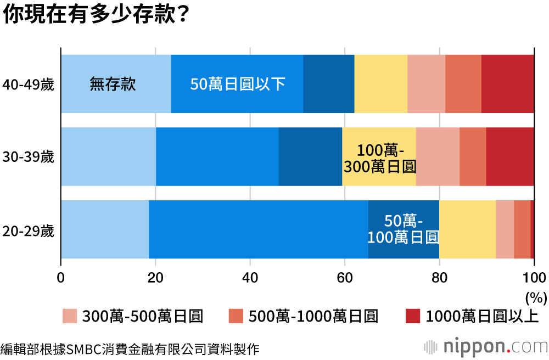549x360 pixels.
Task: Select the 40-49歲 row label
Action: point(28,85)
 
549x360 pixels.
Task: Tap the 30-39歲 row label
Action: point(28,157)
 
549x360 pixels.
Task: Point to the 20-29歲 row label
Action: point(28,230)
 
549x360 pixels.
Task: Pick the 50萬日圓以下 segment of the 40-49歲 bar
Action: point(237,85)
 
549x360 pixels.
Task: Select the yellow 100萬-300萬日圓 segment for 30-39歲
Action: point(379,157)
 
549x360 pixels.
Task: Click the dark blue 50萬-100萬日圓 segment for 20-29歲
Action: point(404,229)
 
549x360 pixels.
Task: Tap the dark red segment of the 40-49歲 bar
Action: point(507,85)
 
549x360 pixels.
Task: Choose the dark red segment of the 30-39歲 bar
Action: point(510,157)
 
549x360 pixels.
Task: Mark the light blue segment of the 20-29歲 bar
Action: point(104,229)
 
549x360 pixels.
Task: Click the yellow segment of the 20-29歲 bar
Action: point(467,229)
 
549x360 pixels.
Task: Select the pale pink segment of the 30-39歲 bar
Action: point(438,157)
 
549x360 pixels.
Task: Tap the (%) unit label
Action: point(536,297)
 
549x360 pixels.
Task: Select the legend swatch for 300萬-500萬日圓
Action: point(69,316)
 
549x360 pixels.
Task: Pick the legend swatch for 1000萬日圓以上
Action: point(412,316)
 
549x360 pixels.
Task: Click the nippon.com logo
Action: point(486,347)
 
